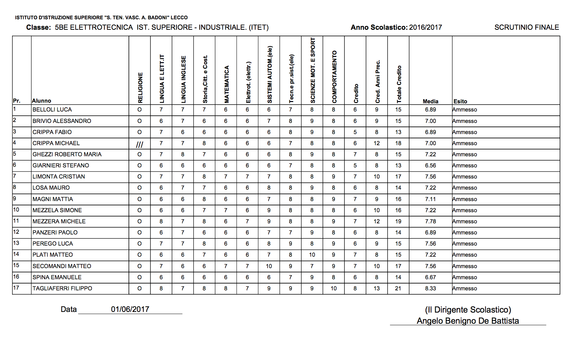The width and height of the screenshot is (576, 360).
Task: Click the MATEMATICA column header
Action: point(226,84)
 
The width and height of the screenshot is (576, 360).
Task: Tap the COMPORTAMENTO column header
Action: point(334,77)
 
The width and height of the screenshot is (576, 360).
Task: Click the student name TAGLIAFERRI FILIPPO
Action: point(62,288)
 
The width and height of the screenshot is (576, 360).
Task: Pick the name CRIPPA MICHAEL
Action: point(56,143)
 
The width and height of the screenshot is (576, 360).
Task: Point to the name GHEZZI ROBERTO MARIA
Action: point(67,154)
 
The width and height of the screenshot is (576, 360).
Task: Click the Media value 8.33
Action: point(430,288)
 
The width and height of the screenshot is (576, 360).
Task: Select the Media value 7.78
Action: point(430,221)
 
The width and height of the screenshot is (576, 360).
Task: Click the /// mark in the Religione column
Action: point(139,144)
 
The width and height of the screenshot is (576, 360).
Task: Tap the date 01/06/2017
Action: point(130,309)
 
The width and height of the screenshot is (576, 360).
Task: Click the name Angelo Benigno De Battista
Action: point(468,321)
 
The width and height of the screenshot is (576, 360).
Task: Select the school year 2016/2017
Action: point(425,27)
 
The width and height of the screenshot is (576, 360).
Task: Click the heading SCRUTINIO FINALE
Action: point(527,27)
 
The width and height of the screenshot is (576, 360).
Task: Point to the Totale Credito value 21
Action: point(398,288)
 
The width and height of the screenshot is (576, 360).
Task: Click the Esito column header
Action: point(460,101)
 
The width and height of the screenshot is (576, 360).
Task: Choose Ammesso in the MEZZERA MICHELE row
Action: point(465,221)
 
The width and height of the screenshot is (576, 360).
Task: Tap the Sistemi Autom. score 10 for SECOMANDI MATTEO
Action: point(269,266)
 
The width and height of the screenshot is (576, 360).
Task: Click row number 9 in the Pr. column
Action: point(14,198)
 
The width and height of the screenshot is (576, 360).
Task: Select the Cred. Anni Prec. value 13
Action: point(376,288)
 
